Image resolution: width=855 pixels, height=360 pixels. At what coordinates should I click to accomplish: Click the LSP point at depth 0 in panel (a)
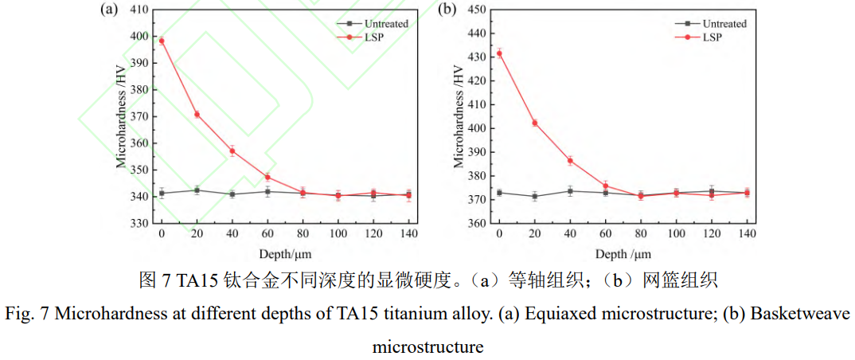(162, 41)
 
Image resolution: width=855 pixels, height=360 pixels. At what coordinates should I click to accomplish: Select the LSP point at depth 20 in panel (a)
(197, 115)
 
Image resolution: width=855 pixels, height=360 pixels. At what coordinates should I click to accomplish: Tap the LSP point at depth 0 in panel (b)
(499, 53)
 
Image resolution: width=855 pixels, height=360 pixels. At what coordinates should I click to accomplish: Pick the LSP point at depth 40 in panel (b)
(570, 160)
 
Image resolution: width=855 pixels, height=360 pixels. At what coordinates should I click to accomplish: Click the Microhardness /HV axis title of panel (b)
(459, 117)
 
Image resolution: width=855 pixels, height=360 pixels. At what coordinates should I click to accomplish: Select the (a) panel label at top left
(109, 10)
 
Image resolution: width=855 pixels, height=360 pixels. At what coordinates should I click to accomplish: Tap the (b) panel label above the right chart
(447, 10)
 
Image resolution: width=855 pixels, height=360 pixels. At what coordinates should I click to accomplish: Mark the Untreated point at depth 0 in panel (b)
(499, 193)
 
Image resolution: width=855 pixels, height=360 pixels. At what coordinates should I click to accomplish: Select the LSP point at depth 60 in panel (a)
(267, 177)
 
